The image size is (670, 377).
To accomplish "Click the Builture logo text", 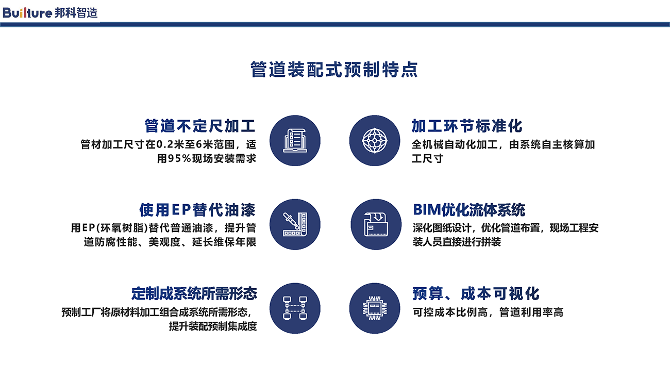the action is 27,13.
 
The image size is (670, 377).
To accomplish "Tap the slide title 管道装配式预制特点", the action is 334,70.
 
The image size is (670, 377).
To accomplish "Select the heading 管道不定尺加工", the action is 200,126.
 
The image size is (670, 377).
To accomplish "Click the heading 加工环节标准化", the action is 467,126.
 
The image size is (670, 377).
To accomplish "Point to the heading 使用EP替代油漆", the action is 197,209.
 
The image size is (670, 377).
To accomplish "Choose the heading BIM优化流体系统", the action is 469,209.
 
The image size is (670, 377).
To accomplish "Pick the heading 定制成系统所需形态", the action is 194,293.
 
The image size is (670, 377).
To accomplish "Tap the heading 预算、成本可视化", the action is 476,293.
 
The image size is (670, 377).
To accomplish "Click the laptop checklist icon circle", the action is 295,141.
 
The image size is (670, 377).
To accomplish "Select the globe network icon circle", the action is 375,141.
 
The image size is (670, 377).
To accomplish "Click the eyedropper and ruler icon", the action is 295,224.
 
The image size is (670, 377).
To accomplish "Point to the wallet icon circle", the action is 376,224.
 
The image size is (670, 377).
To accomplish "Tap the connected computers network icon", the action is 295,308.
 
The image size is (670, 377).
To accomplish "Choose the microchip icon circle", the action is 375,308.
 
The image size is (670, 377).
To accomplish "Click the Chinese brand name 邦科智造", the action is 76,13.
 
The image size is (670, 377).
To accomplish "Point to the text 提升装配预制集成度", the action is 213,326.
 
